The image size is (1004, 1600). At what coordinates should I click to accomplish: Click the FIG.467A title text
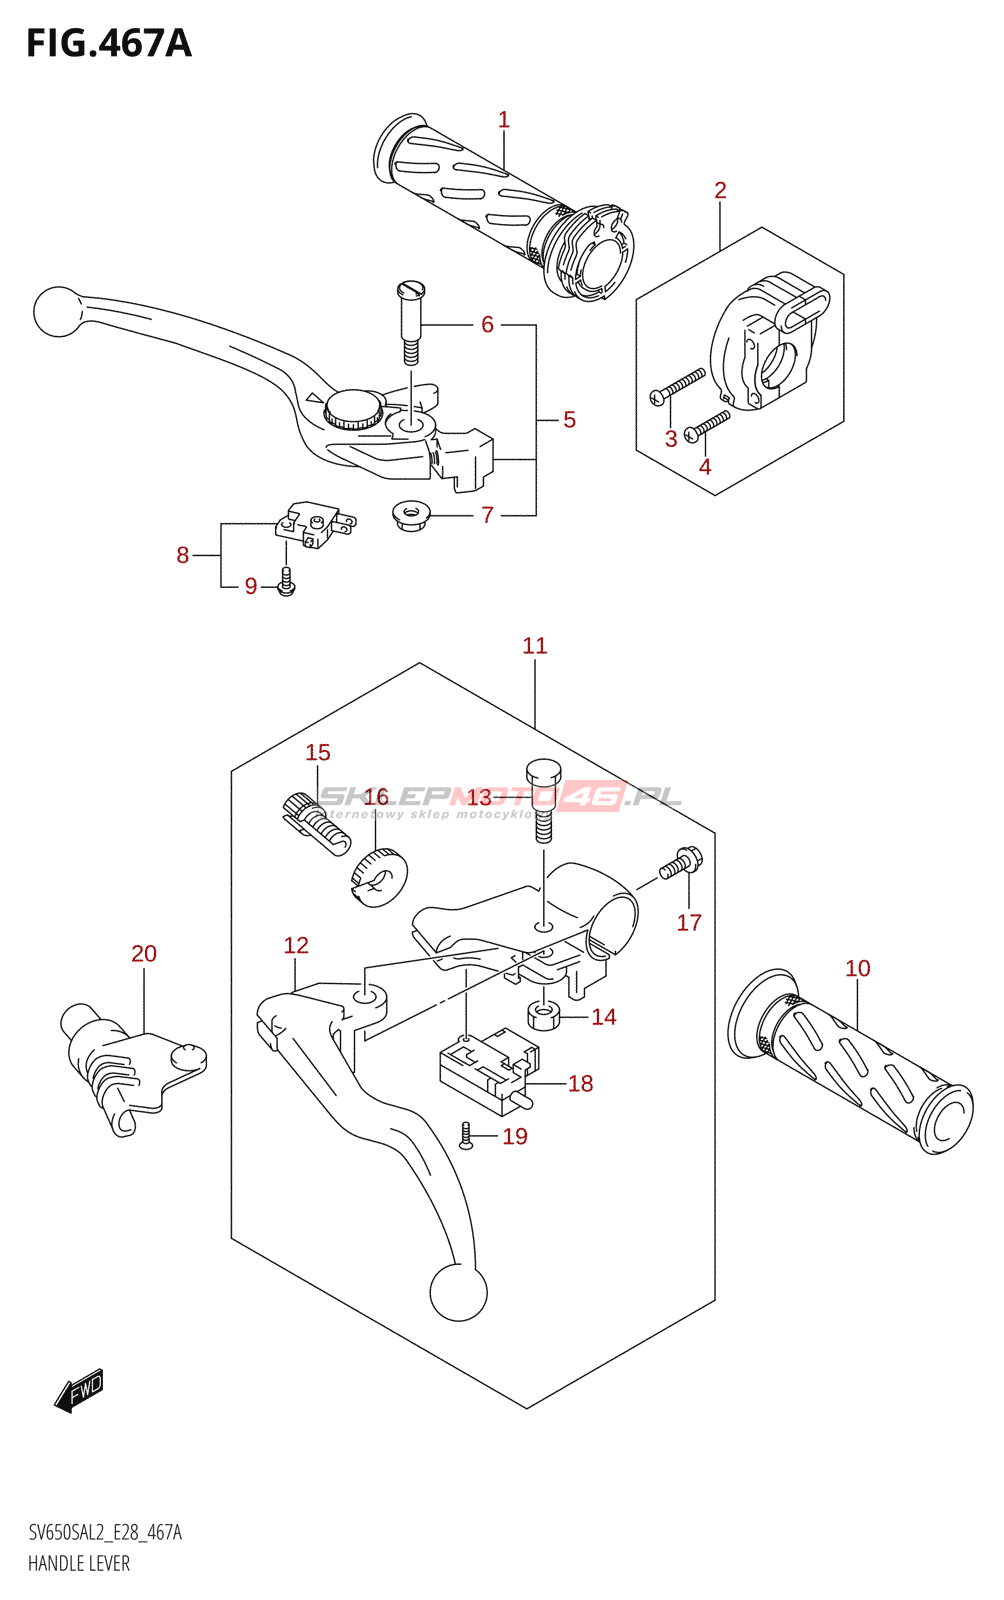click(x=108, y=43)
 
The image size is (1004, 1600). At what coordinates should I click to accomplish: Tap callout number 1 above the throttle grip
click(x=504, y=120)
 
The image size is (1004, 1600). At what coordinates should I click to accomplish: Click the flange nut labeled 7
click(x=410, y=516)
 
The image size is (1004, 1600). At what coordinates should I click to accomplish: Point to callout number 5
click(x=569, y=420)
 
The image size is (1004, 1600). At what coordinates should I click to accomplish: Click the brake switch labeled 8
click(x=314, y=524)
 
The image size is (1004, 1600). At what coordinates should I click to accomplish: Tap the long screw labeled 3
click(x=678, y=386)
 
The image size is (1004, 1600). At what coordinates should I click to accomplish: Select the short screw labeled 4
click(x=708, y=425)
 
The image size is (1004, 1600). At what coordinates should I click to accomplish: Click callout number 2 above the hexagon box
click(x=720, y=190)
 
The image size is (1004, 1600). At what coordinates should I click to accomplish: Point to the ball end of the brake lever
click(x=57, y=311)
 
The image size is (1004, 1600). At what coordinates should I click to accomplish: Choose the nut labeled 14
click(x=543, y=1016)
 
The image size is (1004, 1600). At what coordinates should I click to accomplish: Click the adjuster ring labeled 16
click(x=379, y=877)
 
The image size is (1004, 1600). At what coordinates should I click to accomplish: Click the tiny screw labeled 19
click(x=465, y=1135)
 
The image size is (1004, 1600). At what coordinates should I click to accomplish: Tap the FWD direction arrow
click(x=79, y=1389)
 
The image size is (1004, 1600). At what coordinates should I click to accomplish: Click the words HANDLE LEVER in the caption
click(x=79, y=1563)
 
